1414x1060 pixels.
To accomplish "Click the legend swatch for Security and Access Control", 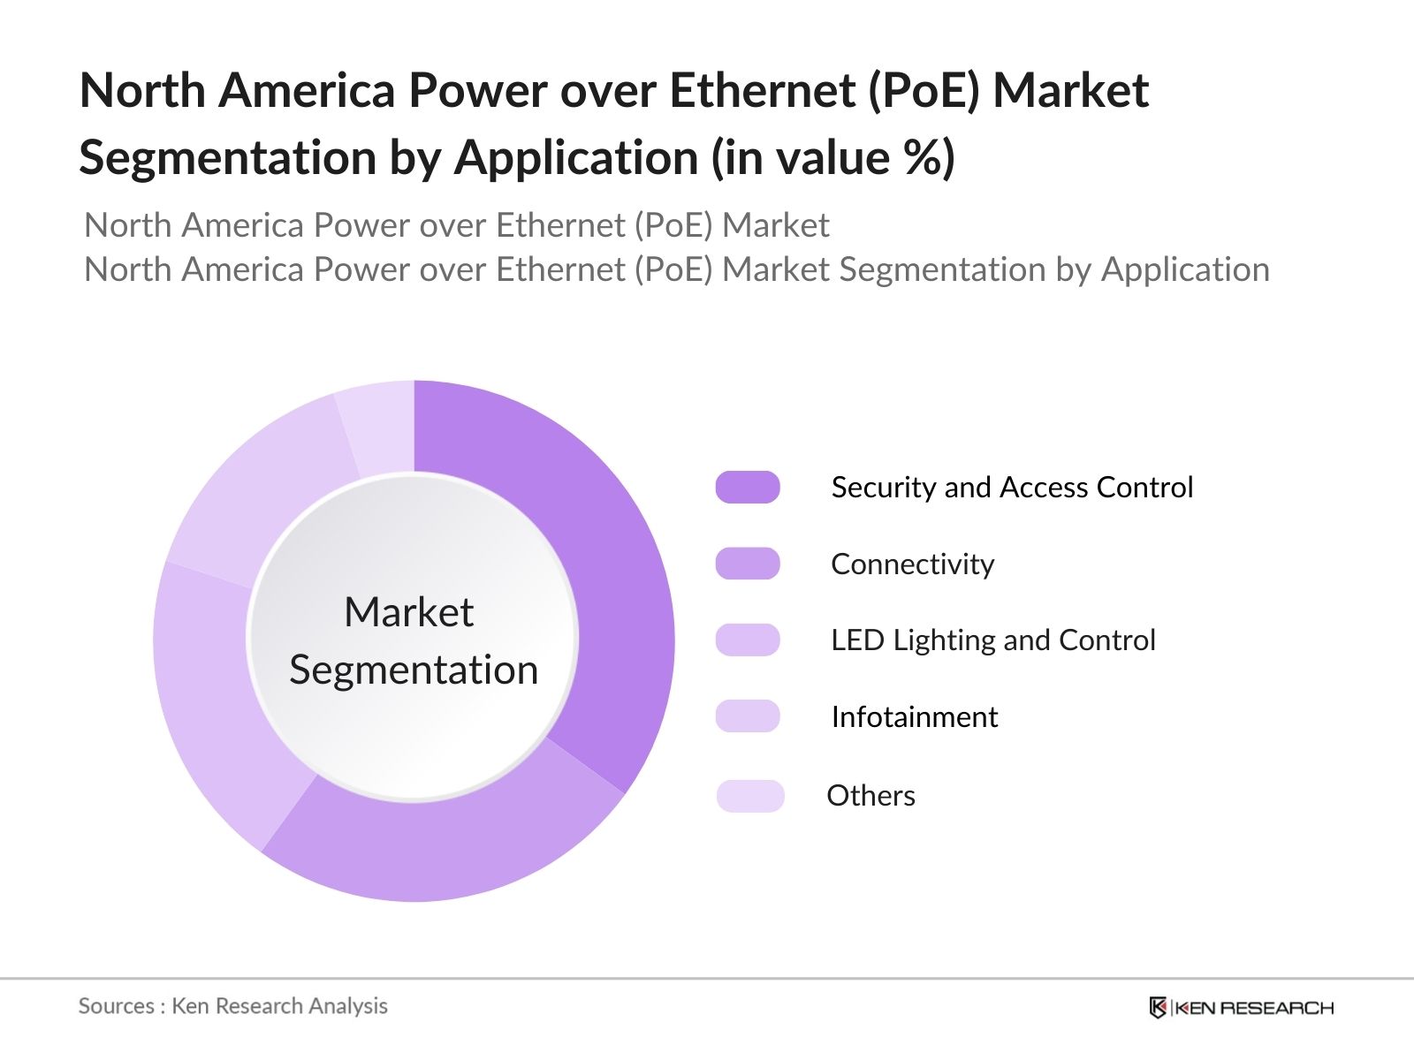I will tap(748, 488).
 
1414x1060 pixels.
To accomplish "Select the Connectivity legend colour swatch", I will tap(748, 564).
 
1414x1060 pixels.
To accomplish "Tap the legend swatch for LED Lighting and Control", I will tap(748, 640).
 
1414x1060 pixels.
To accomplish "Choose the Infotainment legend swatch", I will tap(748, 716).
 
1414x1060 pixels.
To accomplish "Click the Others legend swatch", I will tap(750, 796).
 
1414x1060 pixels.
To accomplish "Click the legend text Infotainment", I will tap(914, 716).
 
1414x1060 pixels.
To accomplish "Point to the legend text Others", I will tap(870, 796).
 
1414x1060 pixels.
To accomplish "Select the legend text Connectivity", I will tap(912, 564).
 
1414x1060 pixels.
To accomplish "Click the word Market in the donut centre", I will tap(408, 612).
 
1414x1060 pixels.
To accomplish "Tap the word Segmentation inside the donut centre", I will tap(414, 670).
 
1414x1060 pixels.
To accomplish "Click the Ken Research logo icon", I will tap(1158, 1007).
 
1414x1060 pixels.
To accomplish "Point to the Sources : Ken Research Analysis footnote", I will tap(232, 1006).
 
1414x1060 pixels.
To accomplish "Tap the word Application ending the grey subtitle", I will tap(1184, 269).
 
